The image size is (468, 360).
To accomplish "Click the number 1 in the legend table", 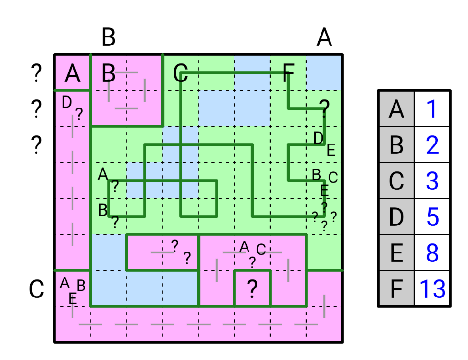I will tap(432, 109).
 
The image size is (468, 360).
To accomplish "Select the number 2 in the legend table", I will tap(432, 145).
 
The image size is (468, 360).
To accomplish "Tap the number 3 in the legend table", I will tap(432, 181).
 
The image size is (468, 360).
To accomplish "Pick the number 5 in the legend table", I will tap(432, 217).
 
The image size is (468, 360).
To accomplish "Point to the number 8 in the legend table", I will tap(432, 253).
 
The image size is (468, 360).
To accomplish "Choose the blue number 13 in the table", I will tap(432, 289).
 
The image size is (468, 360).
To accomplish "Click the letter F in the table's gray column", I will tap(396, 289).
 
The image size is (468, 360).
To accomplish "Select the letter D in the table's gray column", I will tap(396, 217).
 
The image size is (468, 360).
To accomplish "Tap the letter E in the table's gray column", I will tap(396, 253).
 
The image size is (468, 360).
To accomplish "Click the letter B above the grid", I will tap(109, 37).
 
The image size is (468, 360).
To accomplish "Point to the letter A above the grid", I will tap(324, 37).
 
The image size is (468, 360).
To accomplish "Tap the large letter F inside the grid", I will tap(288, 74).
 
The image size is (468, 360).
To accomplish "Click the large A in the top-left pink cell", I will tap(72, 74).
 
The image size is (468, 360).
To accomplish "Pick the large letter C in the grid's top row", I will tap(180, 74).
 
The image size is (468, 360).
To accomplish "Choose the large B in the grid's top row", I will tap(109, 74).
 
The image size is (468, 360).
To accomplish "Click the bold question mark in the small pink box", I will tap(252, 288).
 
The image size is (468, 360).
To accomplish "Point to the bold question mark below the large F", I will tap(324, 109).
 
